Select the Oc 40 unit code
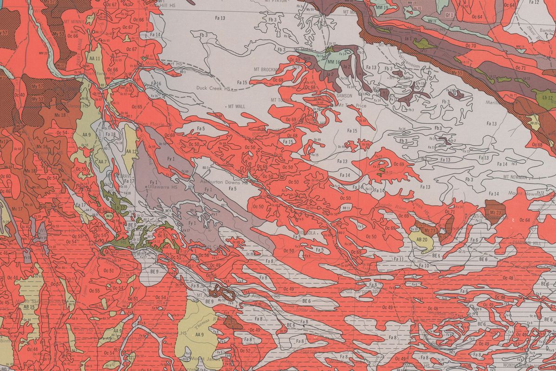(x=19, y=95)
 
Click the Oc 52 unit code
(x=246, y=351)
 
